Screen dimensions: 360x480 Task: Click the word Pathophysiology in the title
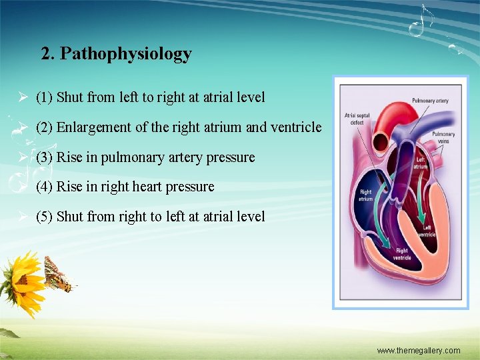(x=126, y=54)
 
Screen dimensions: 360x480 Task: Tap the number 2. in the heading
(x=48, y=54)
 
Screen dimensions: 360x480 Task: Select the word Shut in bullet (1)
(x=70, y=97)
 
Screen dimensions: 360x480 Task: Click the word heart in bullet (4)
(x=156, y=187)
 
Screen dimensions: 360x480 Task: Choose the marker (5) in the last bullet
(x=45, y=217)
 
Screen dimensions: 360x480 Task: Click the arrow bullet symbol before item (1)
(x=22, y=98)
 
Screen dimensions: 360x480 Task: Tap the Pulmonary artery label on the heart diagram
(x=430, y=101)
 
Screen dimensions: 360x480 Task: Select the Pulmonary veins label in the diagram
(x=443, y=137)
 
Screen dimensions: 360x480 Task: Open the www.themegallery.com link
(x=418, y=351)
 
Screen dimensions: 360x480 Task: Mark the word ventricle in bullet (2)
(x=297, y=127)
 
